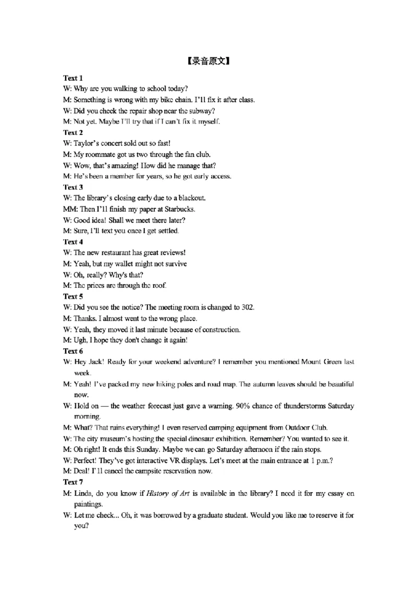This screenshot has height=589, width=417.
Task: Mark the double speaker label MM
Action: tap(68, 209)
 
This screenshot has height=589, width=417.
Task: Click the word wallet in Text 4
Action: tap(118, 264)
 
